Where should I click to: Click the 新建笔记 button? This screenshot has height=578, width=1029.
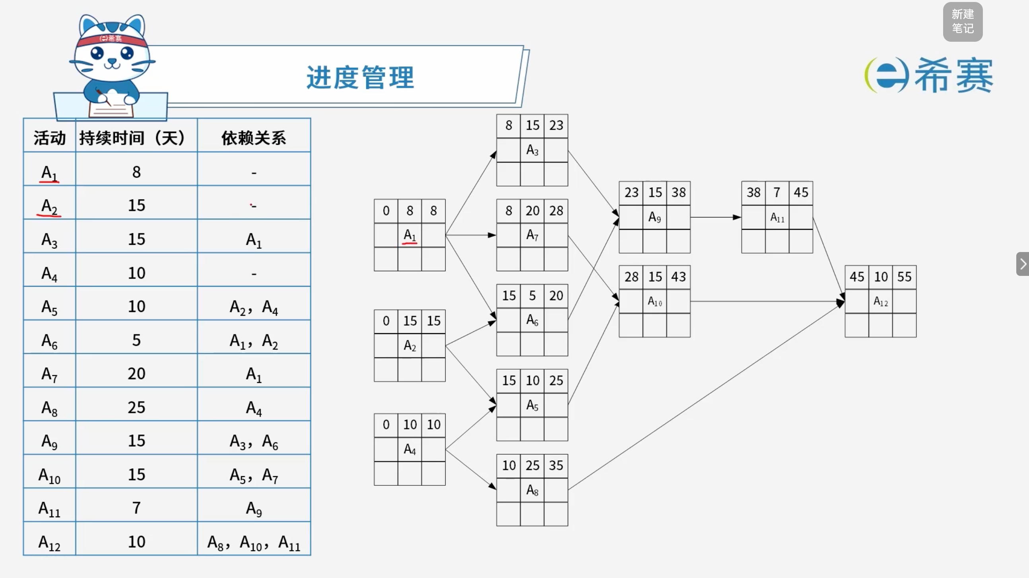click(962, 21)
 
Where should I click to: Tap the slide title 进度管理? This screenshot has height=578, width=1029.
click(360, 78)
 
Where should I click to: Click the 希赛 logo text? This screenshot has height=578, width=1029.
click(953, 75)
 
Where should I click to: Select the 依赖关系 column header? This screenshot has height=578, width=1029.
click(254, 138)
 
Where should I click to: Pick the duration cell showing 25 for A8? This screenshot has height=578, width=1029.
click(136, 407)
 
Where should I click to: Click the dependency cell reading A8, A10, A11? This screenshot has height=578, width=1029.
click(254, 543)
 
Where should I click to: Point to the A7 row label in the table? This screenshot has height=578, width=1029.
click(50, 375)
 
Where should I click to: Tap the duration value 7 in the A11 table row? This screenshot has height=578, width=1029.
click(136, 508)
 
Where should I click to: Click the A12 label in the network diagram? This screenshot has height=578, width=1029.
click(880, 301)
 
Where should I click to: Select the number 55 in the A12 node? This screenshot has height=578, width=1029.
click(905, 276)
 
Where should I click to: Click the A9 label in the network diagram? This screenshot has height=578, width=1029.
click(654, 217)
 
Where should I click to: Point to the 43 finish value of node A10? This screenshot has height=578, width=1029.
click(678, 276)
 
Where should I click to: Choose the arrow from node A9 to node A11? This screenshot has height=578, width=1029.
click(716, 217)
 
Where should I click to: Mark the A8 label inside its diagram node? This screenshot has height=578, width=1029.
click(532, 490)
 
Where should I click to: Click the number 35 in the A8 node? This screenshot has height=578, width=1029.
click(556, 465)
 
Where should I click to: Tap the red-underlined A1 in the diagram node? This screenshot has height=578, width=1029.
click(410, 235)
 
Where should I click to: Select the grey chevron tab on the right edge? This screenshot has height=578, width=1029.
click(1023, 264)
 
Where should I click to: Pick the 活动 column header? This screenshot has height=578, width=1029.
click(50, 138)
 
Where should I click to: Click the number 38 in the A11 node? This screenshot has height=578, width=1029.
click(753, 192)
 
